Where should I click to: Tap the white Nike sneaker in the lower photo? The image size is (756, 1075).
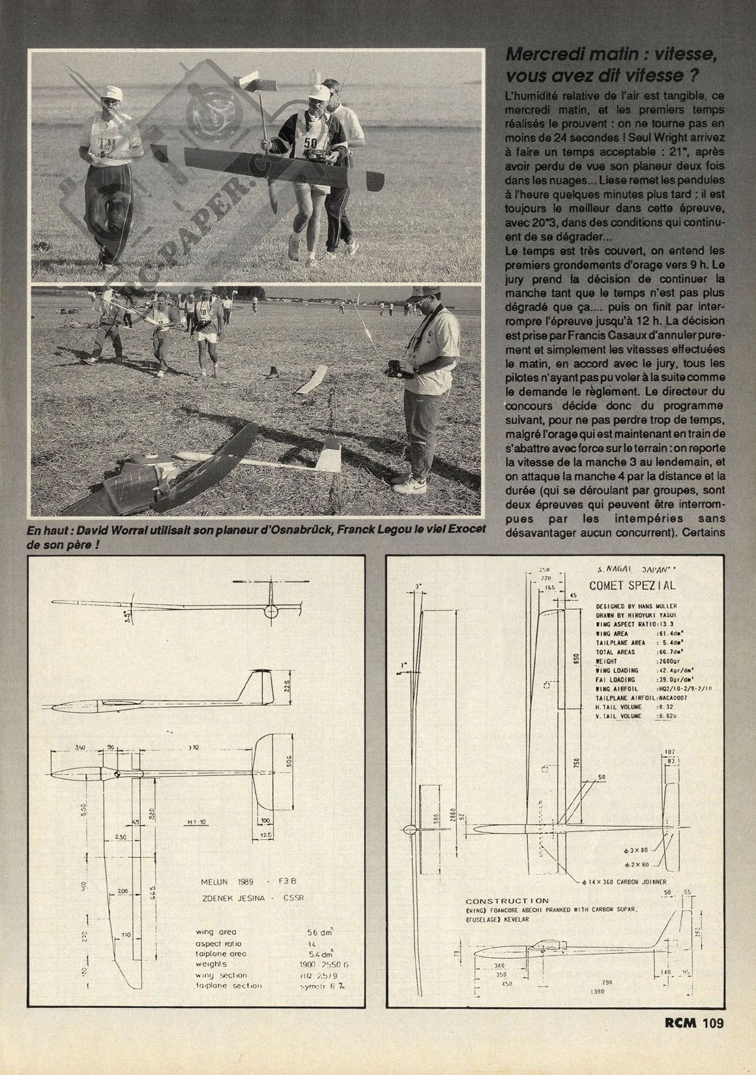[x=411, y=485]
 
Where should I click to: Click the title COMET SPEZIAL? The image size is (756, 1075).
[x=632, y=585]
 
